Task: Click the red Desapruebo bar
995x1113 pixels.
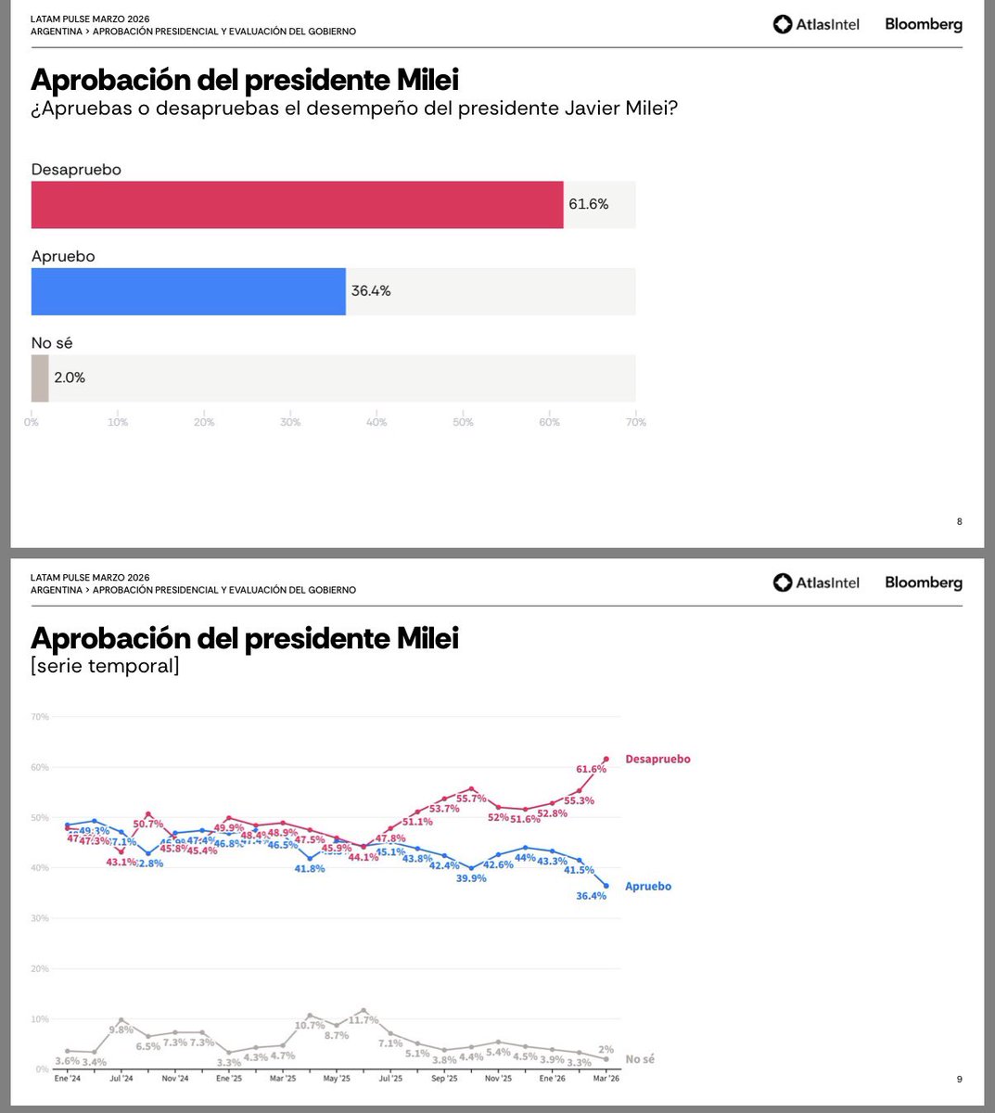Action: [297, 205]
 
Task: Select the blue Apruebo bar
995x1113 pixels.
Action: [188, 291]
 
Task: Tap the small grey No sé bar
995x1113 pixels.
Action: [39, 378]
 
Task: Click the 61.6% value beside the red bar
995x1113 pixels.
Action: [588, 204]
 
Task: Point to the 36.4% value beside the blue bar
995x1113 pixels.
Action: [371, 291]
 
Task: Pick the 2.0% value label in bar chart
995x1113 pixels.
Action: [69, 377]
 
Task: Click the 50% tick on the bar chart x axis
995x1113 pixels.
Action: [463, 422]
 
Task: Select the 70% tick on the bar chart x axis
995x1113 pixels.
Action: [635, 422]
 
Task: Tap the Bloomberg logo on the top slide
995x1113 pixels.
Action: [923, 25]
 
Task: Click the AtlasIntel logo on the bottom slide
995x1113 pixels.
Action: [816, 582]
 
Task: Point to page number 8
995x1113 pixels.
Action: [959, 521]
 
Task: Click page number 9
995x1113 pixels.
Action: [959, 1079]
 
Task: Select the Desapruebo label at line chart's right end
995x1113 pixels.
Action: [657, 759]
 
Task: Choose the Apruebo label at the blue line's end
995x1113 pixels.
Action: [647, 886]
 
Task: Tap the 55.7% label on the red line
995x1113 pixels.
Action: [471, 799]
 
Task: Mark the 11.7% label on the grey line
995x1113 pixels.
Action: [363, 1020]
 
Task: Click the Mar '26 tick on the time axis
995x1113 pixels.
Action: [606, 1079]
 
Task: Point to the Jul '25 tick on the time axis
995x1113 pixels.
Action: [389, 1079]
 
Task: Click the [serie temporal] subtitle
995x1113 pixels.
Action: [105, 666]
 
